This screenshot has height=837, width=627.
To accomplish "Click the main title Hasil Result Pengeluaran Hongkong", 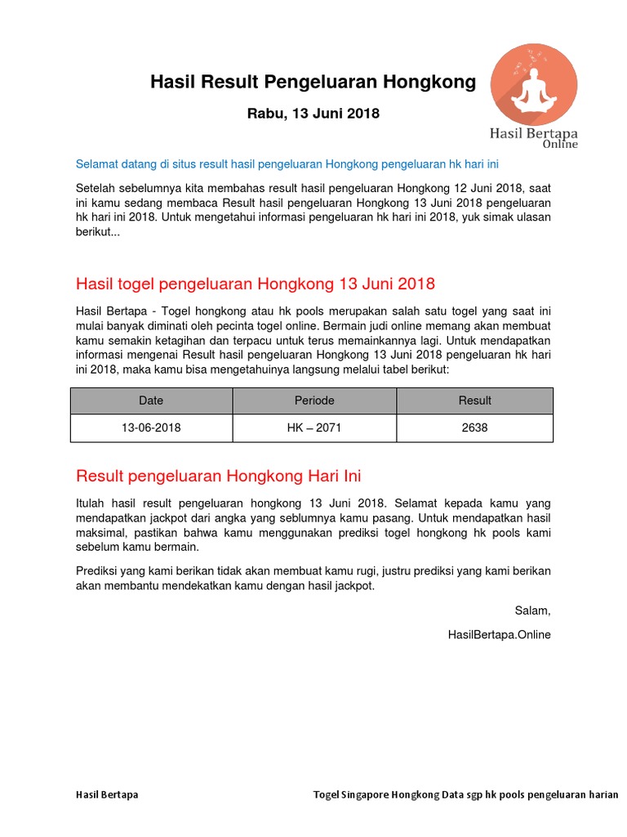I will (x=313, y=82).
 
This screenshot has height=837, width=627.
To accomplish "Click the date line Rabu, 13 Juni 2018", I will (x=313, y=114).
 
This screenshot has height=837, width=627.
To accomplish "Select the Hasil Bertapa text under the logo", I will (x=533, y=132).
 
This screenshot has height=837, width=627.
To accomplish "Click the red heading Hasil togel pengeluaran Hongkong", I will (x=255, y=284).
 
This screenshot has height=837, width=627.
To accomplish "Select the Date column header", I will (x=151, y=401).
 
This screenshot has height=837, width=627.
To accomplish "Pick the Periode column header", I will (x=314, y=401).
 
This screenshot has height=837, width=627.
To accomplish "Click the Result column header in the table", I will (x=474, y=401).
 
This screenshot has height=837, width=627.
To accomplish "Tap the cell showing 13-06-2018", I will (x=151, y=427).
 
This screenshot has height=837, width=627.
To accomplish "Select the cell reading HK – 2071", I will (x=314, y=427).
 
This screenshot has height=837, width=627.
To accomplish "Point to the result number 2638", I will (x=474, y=427).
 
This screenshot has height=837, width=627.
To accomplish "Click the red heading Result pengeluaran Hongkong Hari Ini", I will (x=218, y=476).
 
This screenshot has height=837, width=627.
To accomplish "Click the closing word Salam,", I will (x=532, y=611).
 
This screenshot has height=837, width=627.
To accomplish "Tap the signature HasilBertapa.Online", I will (x=500, y=634).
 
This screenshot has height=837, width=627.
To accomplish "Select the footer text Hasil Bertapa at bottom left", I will (x=107, y=794).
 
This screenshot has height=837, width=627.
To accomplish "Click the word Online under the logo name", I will (x=560, y=145).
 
